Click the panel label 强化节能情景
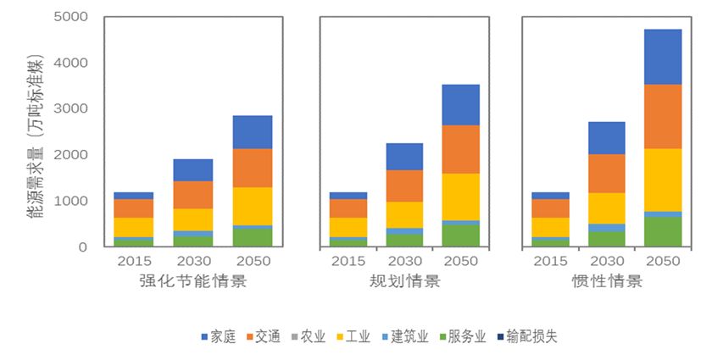click(193, 281)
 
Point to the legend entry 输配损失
click(525, 336)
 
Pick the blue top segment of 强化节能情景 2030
click(193, 170)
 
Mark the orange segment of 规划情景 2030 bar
click(404, 186)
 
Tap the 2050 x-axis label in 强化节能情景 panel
click(252, 261)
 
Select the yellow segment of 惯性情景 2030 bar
click(607, 208)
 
